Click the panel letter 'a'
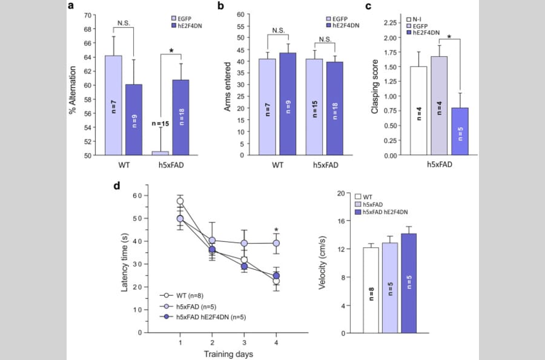coord(71,7)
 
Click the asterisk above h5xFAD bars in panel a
coord(172,50)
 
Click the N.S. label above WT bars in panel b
coord(279,30)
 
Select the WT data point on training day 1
coord(180,201)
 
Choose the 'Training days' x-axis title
coord(228,353)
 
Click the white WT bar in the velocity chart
coord(371,290)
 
